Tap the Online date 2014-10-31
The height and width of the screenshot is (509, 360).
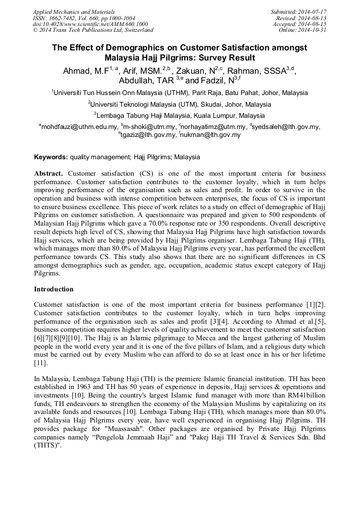tap(313, 30)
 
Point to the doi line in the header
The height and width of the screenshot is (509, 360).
tap(90, 24)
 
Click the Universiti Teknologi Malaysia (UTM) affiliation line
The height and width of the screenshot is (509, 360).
tap(179, 105)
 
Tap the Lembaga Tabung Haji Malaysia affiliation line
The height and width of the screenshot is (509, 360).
tap(179, 116)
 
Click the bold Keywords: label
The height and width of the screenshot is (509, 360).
tap(50, 157)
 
